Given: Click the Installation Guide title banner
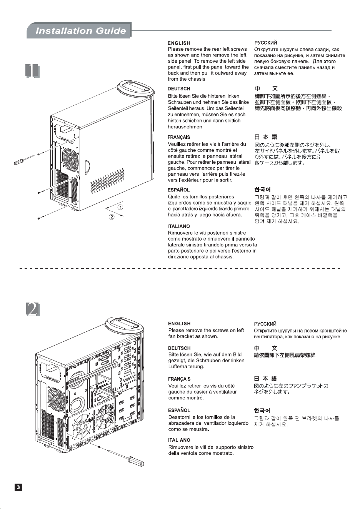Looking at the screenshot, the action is click(x=79, y=30).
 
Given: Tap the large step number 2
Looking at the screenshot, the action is click(x=33, y=309).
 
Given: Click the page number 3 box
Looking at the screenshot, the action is click(x=18, y=487).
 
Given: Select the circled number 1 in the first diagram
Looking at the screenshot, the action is click(x=120, y=207).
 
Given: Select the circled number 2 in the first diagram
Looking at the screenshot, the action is click(x=112, y=217).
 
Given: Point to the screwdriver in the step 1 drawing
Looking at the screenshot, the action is click(x=24, y=160).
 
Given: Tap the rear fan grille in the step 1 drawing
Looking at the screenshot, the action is click(x=70, y=156).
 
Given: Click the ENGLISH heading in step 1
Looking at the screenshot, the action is click(x=178, y=43).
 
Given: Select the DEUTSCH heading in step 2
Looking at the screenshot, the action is click(x=179, y=348).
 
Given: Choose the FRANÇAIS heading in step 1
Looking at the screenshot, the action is click(x=178, y=137).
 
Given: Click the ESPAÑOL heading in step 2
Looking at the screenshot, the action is click(x=179, y=410).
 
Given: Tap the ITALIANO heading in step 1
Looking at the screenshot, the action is click(x=178, y=226).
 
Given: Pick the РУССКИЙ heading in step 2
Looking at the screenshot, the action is click(x=265, y=324).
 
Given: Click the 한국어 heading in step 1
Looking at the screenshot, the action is click(x=262, y=190).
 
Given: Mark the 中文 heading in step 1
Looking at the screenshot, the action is click(x=266, y=88).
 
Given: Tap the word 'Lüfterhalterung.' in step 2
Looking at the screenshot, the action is click(x=186, y=366).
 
